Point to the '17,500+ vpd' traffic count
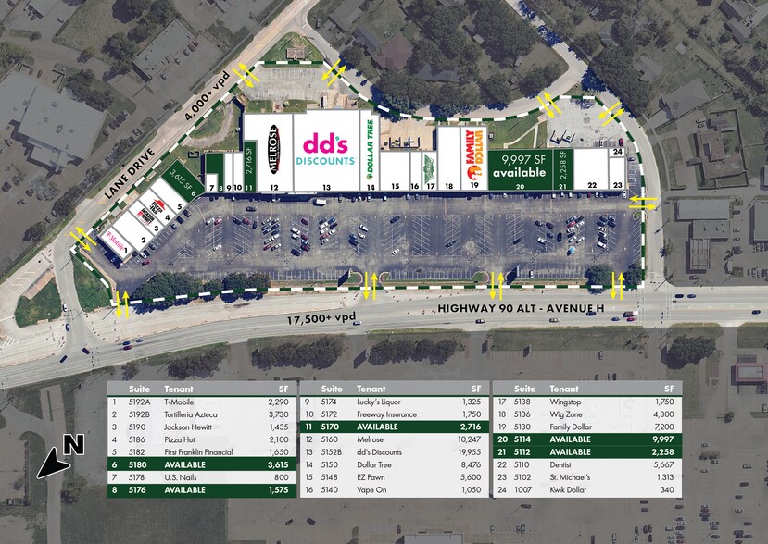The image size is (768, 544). tap(320, 320)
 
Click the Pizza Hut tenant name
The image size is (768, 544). tap(180, 439)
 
